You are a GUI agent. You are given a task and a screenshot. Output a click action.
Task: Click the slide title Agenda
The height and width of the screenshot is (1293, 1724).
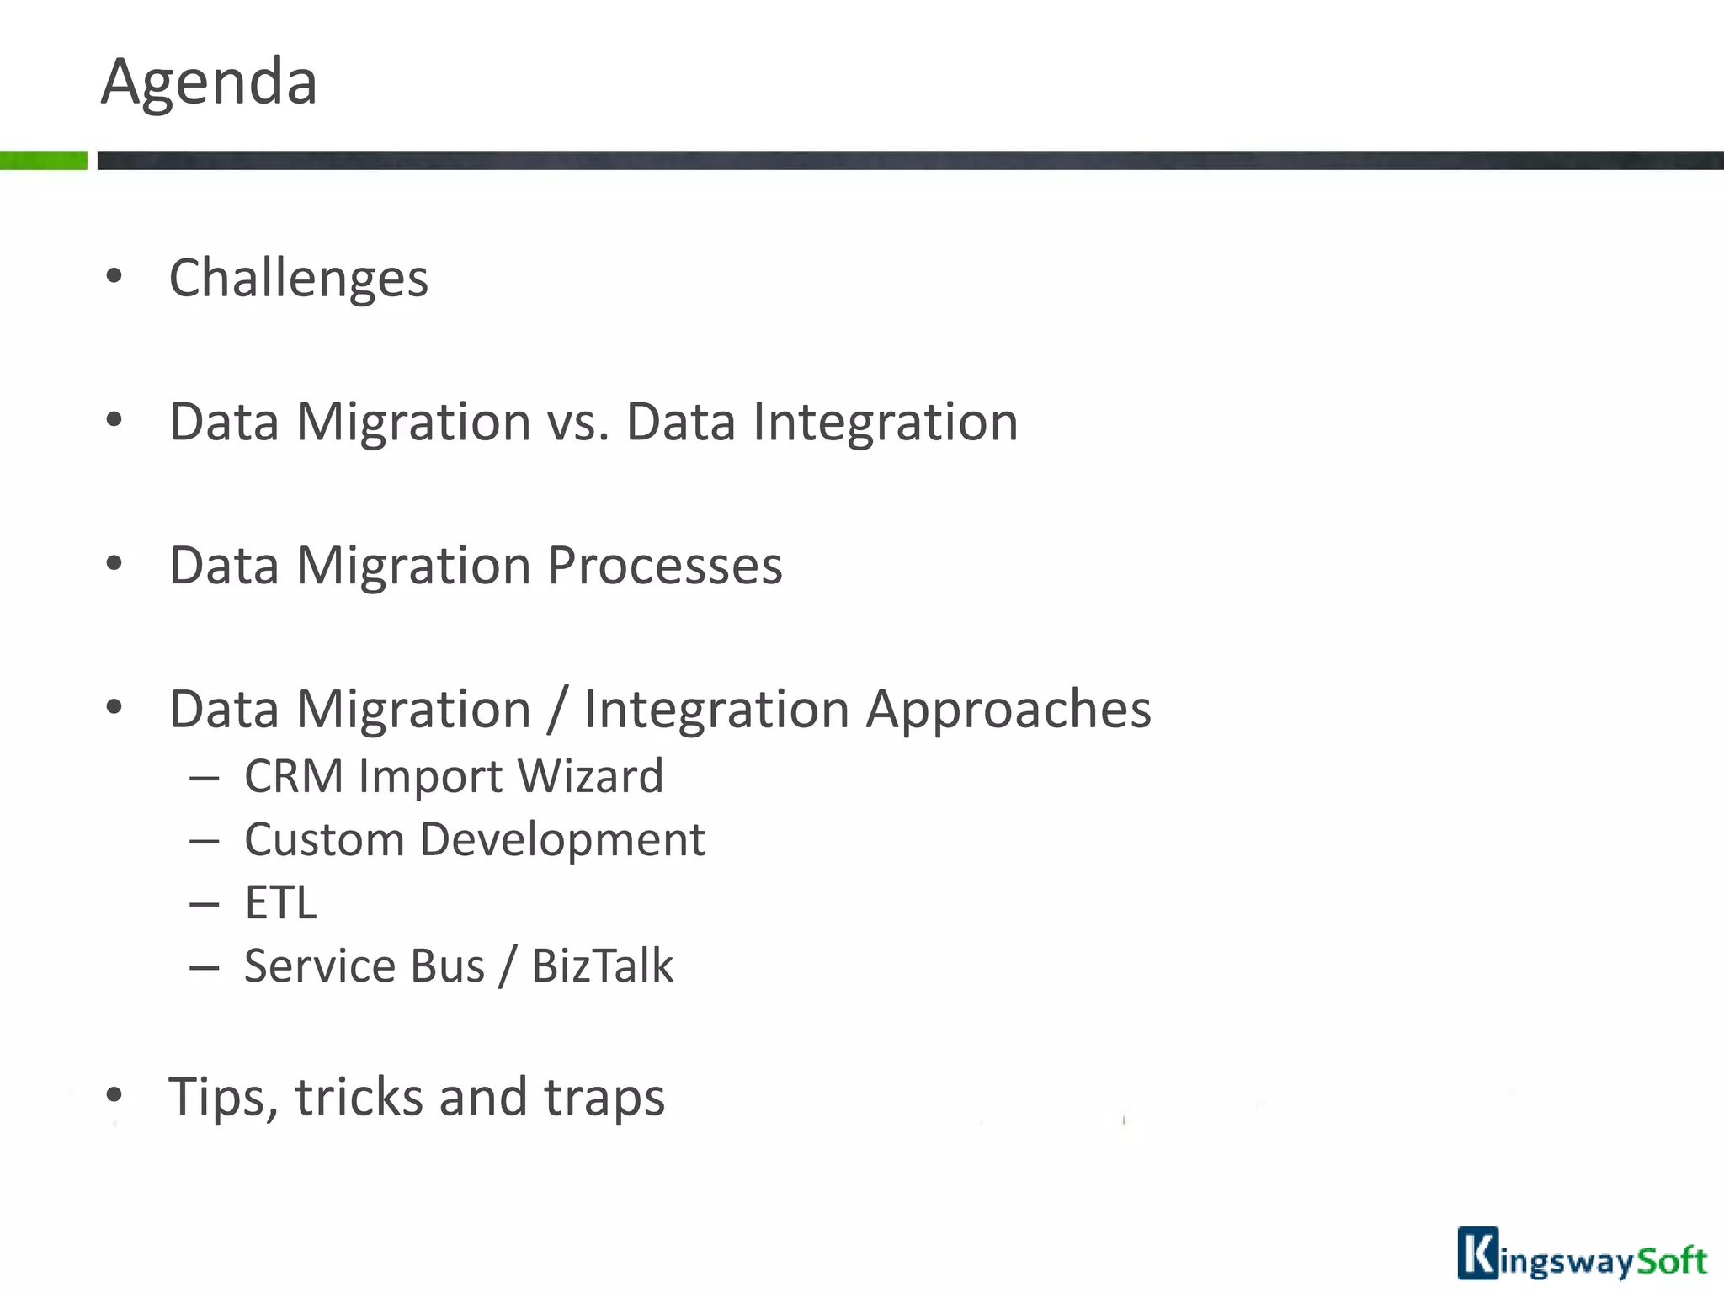coord(209,82)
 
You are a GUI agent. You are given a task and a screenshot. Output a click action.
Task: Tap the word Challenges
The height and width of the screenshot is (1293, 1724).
coord(299,279)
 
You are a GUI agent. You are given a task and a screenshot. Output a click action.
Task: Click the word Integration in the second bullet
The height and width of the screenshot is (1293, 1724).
coord(885,422)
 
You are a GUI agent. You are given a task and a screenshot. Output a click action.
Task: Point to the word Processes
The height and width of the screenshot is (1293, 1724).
coord(665,566)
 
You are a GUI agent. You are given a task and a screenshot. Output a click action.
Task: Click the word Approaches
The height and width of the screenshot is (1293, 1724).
coord(1008,710)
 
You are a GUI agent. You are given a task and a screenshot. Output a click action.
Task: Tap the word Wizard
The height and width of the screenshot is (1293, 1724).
coord(590,776)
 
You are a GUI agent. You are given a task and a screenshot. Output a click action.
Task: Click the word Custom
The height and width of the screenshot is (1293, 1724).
coord(324,840)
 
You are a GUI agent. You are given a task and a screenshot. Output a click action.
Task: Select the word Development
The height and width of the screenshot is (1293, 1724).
coord(562,840)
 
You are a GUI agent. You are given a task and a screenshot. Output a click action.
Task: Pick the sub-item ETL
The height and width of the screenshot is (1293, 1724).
coord(280,903)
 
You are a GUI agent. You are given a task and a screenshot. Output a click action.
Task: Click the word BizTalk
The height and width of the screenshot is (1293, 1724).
coord(602,966)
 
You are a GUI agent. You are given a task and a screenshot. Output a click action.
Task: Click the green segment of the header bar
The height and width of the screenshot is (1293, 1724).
coord(43,160)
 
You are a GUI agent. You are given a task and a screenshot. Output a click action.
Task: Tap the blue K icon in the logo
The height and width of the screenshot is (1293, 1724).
coord(1477,1253)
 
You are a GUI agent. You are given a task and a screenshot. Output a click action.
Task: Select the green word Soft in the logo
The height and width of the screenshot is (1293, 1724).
coord(1670,1261)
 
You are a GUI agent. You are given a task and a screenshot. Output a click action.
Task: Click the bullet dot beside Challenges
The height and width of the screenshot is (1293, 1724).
coord(114,276)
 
